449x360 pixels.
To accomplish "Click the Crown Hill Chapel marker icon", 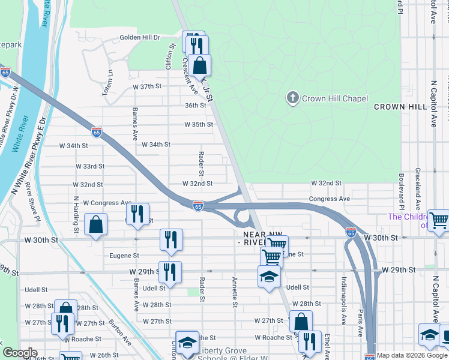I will [x=292, y=98].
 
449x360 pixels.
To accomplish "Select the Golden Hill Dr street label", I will [x=140, y=37].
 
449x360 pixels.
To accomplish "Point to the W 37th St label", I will [x=148, y=86].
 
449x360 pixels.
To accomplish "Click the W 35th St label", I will [x=199, y=125].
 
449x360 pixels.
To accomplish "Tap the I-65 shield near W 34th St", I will [x=97, y=131].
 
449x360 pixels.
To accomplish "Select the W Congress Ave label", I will [x=107, y=203].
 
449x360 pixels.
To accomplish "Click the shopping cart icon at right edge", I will [x=438, y=220].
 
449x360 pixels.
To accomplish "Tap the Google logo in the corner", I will [x=20, y=353].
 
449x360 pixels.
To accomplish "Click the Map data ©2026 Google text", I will [x=412, y=355].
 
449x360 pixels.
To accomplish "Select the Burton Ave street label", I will [x=120, y=332].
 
